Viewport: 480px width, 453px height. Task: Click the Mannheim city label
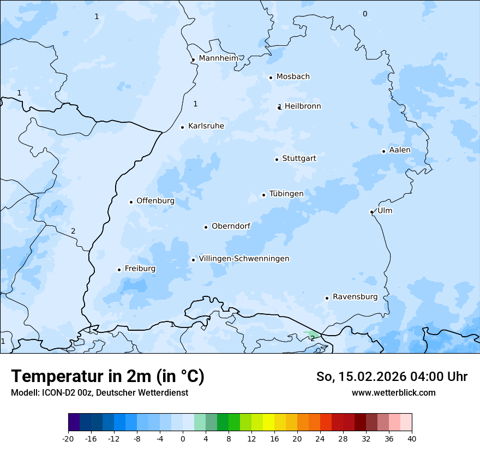[218, 58]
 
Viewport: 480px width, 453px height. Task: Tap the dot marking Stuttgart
[277, 159]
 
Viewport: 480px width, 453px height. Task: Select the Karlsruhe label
[206, 126]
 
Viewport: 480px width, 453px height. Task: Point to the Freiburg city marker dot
[119, 270]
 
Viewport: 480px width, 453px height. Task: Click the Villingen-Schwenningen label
[244, 259]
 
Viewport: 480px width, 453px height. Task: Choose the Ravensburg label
[355, 297]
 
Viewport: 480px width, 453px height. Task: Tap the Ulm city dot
[371, 212]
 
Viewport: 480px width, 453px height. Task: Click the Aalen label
[399, 150]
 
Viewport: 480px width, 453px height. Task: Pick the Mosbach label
[293, 77]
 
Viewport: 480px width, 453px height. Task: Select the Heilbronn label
[303, 106]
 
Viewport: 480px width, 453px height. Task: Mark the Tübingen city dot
[263, 195]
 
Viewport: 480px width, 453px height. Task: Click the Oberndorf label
[231, 226]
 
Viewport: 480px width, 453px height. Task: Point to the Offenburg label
[155, 201]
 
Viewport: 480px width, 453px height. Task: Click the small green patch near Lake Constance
[313, 333]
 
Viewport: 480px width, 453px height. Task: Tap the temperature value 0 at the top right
[365, 14]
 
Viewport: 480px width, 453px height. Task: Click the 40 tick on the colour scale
[411, 438]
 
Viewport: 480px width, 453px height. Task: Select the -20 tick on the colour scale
[68, 438]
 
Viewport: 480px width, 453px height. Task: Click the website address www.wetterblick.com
[393, 392]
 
